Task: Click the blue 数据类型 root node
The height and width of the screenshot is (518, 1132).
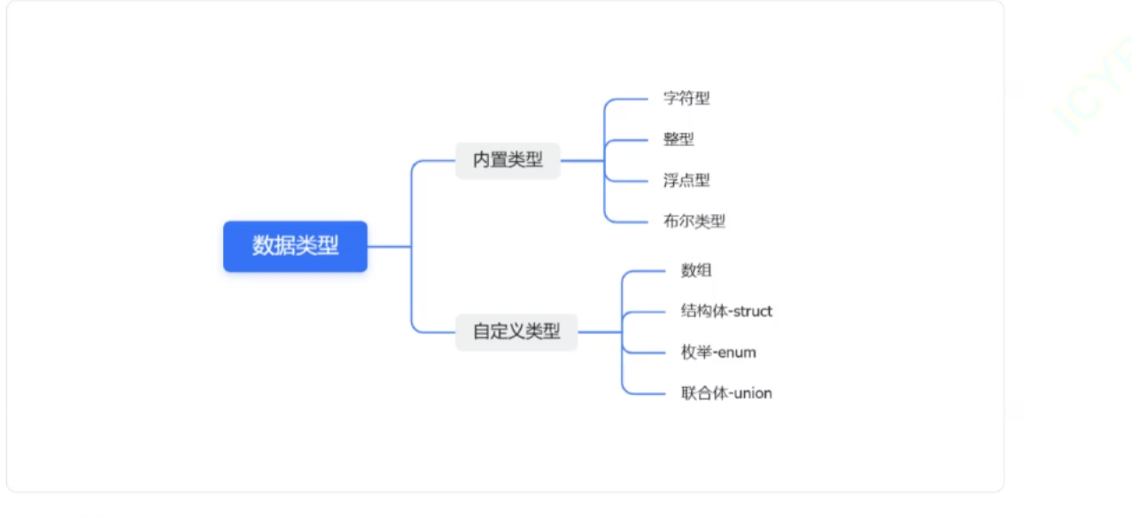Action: pyautogui.click(x=295, y=246)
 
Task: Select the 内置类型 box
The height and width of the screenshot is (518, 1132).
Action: pyautogui.click(x=508, y=160)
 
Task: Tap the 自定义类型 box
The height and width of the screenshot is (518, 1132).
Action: pyautogui.click(x=516, y=332)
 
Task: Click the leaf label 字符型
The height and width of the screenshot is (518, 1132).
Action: pyautogui.click(x=686, y=98)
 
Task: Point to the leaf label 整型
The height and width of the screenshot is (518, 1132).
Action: pyautogui.click(x=678, y=139)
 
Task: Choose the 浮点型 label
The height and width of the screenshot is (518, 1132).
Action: pyautogui.click(x=686, y=181)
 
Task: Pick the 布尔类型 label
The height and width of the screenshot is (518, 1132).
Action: pyautogui.click(x=694, y=221)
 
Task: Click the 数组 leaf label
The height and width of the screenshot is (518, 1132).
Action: pyautogui.click(x=696, y=271)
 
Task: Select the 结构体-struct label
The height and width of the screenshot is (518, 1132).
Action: pyautogui.click(x=726, y=312)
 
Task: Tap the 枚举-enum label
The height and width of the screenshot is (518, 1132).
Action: pyautogui.click(x=718, y=352)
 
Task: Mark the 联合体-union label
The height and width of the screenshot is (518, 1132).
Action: pyautogui.click(x=726, y=393)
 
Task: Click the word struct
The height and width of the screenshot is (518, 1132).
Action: pyautogui.click(x=753, y=312)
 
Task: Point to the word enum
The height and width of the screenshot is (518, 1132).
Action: pyautogui.click(x=737, y=352)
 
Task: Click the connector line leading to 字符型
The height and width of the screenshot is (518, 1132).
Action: pyautogui.click(x=631, y=99)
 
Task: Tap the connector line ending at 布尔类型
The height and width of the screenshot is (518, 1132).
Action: pyautogui.click(x=631, y=221)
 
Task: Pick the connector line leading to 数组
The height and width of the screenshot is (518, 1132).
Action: pyautogui.click(x=647, y=271)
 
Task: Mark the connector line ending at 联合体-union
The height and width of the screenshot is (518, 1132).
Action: pyautogui.click(x=647, y=393)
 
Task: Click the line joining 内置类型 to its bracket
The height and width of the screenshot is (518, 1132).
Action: pyautogui.click(x=582, y=161)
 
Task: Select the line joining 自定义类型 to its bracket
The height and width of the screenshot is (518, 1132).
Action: pyautogui.click(x=600, y=332)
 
